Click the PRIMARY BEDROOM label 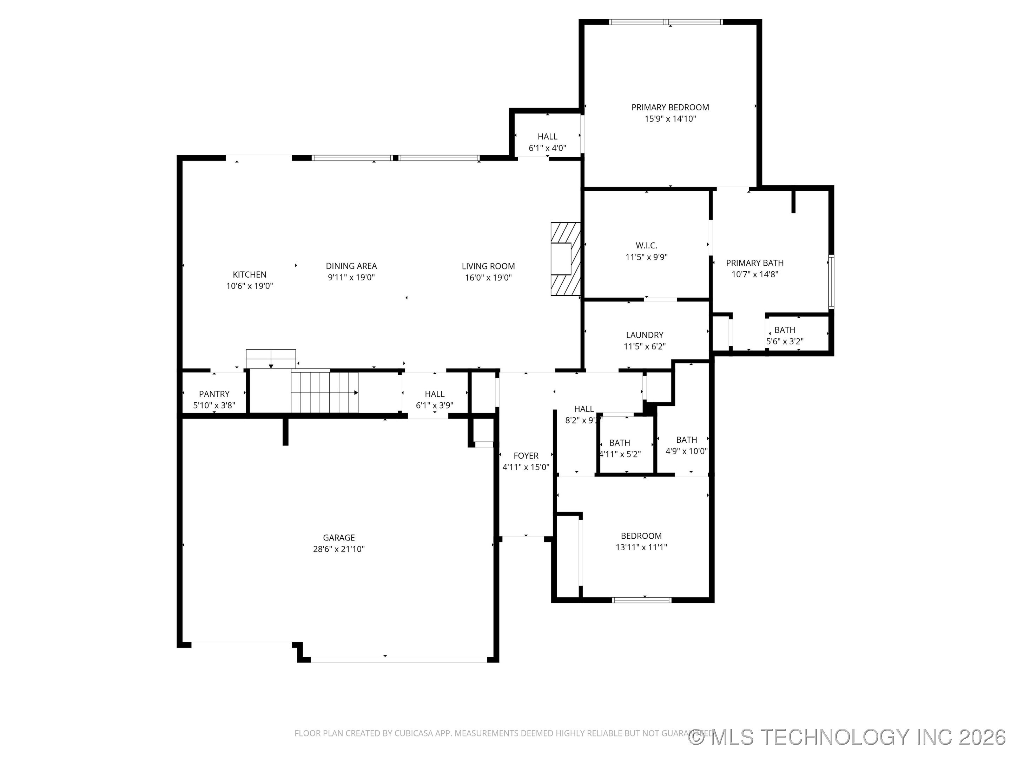(670, 108)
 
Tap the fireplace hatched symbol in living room (566, 259)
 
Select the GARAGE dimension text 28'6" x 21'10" (339, 549)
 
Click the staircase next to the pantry (324, 392)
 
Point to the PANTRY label (214, 394)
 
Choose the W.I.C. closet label (646, 246)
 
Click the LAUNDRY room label (645, 335)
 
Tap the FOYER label (526, 456)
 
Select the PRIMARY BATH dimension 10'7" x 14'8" (755, 274)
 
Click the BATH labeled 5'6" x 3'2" (784, 335)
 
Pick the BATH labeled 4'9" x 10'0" (687, 445)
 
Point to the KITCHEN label (250, 274)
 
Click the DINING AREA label (351, 266)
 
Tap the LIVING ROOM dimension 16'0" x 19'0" (488, 278)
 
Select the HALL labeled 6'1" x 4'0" (547, 142)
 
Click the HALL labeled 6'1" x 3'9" (434, 400)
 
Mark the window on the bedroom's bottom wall (642, 600)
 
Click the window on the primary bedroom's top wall (666, 22)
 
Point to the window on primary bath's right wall (831, 282)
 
